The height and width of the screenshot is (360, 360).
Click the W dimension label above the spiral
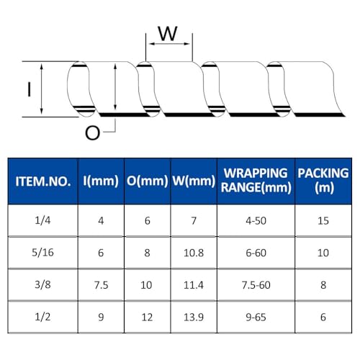[x=168, y=33]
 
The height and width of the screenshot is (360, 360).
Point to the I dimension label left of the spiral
[x=30, y=89]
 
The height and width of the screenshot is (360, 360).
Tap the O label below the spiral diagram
[x=93, y=133]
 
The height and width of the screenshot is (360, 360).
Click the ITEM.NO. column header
[x=43, y=181]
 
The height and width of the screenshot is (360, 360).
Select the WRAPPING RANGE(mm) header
[x=256, y=181]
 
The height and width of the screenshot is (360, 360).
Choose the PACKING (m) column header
[x=323, y=181]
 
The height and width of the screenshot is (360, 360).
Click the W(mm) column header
[x=194, y=181]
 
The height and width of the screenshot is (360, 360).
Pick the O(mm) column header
[x=147, y=181]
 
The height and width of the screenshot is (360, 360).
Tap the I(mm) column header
[x=101, y=181]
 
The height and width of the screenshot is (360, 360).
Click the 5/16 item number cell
[x=42, y=253]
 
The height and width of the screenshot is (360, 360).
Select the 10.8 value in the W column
[x=194, y=253]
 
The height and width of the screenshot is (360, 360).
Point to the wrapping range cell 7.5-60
[x=256, y=285]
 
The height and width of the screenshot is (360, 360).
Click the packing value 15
[x=323, y=220]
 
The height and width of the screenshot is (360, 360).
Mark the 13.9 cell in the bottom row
[x=194, y=318]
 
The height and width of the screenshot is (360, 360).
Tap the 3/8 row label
[x=42, y=284]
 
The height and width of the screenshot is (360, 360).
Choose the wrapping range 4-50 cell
[x=256, y=220]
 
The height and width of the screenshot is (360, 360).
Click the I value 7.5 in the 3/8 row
[x=101, y=285]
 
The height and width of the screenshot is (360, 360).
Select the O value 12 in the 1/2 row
[x=147, y=318]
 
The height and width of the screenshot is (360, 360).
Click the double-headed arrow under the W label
[x=169, y=44]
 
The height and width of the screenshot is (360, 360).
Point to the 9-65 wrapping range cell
[x=256, y=318]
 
